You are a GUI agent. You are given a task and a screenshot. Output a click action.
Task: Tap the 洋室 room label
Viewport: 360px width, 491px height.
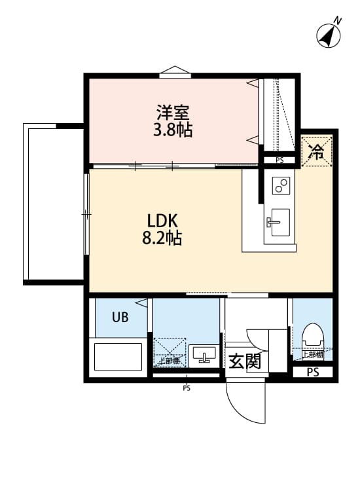coord(173,112)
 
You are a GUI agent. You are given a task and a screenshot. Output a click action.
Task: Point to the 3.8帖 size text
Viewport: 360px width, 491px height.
coord(173,130)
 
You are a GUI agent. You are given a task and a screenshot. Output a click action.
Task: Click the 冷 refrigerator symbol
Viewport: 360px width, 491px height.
coord(317,153)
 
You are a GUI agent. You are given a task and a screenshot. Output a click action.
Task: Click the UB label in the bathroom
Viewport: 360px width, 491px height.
coord(120,318)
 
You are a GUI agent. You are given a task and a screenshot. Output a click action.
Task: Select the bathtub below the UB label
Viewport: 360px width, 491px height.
coord(118,356)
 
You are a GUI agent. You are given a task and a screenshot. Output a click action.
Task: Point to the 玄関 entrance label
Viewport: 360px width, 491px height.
coord(245,361)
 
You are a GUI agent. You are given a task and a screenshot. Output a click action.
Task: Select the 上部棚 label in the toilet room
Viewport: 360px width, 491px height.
coord(312,355)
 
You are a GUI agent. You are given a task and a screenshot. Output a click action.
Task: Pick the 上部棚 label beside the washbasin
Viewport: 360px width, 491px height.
coord(169,361)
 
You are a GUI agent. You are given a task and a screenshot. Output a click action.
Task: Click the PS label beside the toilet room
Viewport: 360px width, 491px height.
coord(313,373)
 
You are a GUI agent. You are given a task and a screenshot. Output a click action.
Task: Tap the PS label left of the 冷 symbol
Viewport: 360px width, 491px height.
coord(279,160)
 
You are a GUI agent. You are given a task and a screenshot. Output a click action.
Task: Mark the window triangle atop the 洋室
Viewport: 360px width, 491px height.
coord(175,71)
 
